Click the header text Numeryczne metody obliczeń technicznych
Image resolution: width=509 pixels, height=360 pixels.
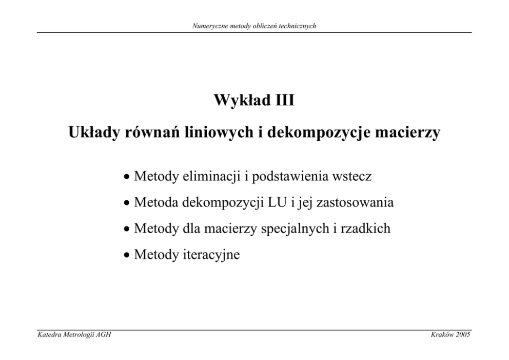coord(254,26)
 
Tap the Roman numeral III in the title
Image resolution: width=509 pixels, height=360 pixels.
coord(285,100)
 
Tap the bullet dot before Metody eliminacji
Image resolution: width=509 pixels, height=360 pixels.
coord(127,177)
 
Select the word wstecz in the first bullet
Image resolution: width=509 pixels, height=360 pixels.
coord(352,177)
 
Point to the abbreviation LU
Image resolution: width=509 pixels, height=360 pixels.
coord(277,203)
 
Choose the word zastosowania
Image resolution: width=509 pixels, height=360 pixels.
coord(355,203)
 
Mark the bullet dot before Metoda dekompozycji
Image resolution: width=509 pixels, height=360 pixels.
coord(127,203)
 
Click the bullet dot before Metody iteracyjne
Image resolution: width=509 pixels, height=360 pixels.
coord(127,255)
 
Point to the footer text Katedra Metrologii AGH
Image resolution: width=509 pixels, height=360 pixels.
coord(74,335)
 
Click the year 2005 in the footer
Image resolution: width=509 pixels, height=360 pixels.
coord(463,335)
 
